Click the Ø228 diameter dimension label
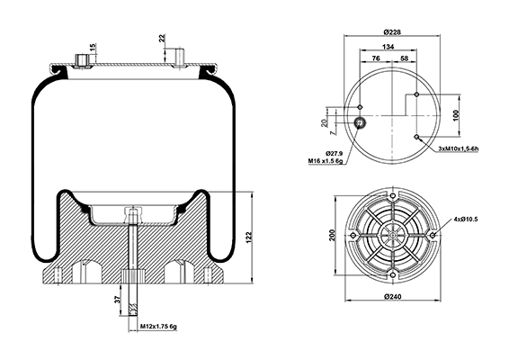tap(392, 31)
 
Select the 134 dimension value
tap(388, 47)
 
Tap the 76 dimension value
tap(376, 58)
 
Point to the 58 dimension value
tap(404, 58)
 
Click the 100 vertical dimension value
tap(456, 116)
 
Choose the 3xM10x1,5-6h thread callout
tap(459, 148)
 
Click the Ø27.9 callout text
tap(334, 153)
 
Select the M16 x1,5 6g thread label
tap(326, 160)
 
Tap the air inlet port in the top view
tap(360, 122)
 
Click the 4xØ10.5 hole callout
tap(466, 220)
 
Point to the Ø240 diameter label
tap(392, 296)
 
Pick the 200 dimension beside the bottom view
tap(332, 235)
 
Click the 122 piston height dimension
tap(249, 238)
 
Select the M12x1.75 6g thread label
tap(158, 326)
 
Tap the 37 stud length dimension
tap(118, 299)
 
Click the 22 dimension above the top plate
tap(162, 38)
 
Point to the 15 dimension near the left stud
tap(93, 48)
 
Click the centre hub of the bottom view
tap(393, 235)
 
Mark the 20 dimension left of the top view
tap(324, 122)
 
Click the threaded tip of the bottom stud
tap(132, 310)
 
